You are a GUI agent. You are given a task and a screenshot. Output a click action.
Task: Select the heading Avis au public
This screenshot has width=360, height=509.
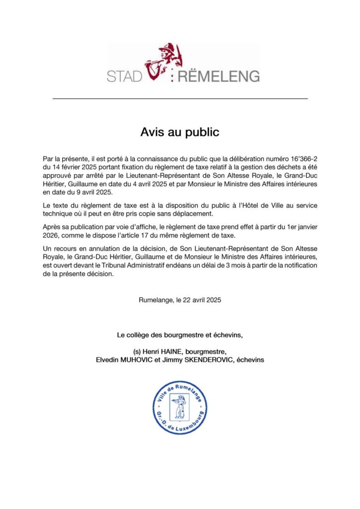180,133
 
